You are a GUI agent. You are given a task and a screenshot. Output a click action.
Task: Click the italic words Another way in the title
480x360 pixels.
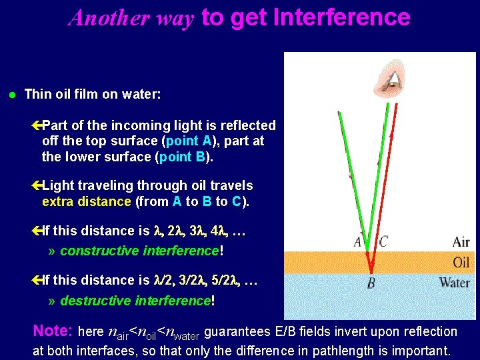[x=131, y=17]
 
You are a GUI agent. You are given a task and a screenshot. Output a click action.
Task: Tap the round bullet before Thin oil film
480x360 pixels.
[x=12, y=95]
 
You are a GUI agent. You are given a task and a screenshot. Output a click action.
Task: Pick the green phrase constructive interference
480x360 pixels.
[x=139, y=251]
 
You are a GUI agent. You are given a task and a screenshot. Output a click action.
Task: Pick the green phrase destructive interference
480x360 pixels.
[x=135, y=301]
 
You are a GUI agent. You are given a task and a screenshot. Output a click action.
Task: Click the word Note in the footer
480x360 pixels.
[x=51, y=331]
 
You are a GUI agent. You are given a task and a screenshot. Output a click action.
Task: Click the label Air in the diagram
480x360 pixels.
[x=461, y=241]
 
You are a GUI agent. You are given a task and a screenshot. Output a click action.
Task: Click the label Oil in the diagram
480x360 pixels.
[x=461, y=262]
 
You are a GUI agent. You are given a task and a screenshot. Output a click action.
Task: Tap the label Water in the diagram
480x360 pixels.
[x=454, y=283]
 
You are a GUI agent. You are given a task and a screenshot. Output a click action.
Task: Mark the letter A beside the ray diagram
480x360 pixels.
[x=358, y=242]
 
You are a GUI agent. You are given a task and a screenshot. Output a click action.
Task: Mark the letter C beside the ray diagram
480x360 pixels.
[x=383, y=242]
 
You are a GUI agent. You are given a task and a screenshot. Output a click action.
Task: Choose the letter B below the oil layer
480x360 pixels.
[x=371, y=284]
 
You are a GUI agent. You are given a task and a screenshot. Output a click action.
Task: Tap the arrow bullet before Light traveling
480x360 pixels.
[x=37, y=185]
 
